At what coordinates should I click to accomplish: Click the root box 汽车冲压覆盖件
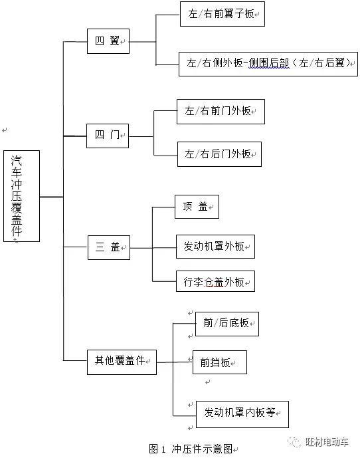pyautogui.click(x=21, y=195)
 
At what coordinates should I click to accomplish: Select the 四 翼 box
pyautogui.click(x=108, y=41)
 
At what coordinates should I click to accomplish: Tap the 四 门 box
pyautogui.click(x=108, y=135)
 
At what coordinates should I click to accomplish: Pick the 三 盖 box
pyautogui.click(x=108, y=247)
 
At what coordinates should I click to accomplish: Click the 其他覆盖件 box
pyautogui.click(x=122, y=361)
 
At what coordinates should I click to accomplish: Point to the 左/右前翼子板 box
pyautogui.click(x=222, y=13)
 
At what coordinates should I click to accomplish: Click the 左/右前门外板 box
pyautogui.click(x=220, y=112)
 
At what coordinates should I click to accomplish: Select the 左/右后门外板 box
pyautogui.click(x=219, y=154)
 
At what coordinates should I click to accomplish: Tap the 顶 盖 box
pyautogui.click(x=196, y=207)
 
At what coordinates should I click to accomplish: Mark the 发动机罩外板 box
pyautogui.click(x=215, y=247)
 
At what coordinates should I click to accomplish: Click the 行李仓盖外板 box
pyautogui.click(x=215, y=281)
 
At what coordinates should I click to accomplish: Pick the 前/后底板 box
pyautogui.click(x=226, y=323)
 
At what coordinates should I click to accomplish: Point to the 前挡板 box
pyautogui.click(x=219, y=362)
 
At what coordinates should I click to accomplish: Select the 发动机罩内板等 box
pyautogui.click(x=241, y=413)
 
